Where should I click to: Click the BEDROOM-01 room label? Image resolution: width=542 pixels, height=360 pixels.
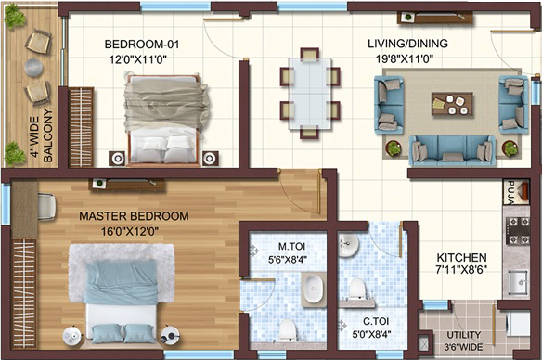point(142,45)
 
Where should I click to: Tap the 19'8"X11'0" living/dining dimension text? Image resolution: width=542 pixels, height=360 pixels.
point(405,59)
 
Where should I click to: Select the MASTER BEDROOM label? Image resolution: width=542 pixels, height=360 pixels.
point(135,216)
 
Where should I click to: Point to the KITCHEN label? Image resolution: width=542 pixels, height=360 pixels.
point(461,257)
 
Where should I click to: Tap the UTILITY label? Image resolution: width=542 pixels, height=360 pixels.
point(463,335)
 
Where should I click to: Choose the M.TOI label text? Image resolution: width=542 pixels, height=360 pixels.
point(291,246)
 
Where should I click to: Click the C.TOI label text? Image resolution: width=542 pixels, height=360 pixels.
point(376,321)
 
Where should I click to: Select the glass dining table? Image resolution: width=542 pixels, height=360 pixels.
point(310,94)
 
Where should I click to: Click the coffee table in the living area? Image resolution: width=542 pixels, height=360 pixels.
point(452,104)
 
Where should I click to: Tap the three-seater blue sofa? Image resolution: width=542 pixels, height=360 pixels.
point(452,150)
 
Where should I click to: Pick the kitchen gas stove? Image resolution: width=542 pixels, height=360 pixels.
point(518,230)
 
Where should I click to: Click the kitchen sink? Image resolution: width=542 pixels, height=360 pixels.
point(519,283)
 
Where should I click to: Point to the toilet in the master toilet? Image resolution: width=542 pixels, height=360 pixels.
point(288,328)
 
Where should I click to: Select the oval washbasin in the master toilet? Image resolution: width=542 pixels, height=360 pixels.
point(313,289)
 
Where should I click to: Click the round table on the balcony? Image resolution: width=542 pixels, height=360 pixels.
point(33,67)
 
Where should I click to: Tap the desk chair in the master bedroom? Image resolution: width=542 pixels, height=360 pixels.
point(46,207)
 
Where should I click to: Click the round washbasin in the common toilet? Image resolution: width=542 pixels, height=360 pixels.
point(348,244)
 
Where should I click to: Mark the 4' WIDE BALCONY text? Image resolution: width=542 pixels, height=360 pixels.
point(42,136)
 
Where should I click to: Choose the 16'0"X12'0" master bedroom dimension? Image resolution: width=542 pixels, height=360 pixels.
point(130,231)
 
